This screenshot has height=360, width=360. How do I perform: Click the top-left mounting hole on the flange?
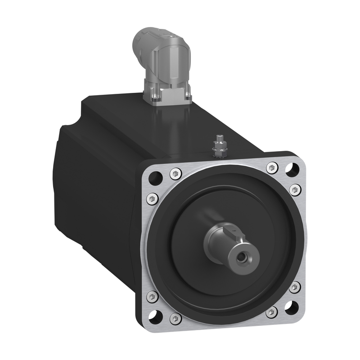(155, 178)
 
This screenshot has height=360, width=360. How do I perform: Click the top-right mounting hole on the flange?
(292, 169)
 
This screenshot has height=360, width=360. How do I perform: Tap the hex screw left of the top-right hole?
(272, 167)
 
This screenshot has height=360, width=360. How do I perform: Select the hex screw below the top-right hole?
(295, 190)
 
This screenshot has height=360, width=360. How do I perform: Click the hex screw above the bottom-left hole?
(152, 297)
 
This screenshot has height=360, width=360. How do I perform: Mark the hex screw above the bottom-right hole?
(295, 287)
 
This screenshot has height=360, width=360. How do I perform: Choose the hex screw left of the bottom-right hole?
(271, 312)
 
